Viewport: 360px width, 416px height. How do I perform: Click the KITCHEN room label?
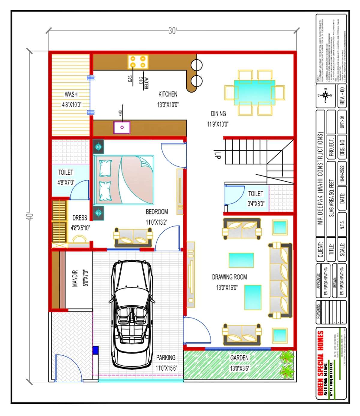[x=168, y=94]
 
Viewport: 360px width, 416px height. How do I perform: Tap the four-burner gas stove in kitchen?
[x=138, y=62]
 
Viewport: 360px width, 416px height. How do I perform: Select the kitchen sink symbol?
[x=122, y=127]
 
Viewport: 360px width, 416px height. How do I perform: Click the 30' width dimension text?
[x=172, y=31]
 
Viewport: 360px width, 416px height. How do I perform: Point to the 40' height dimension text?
[x=30, y=217]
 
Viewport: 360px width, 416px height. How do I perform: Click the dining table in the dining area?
[x=254, y=93]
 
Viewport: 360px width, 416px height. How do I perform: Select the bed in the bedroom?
[x=124, y=180]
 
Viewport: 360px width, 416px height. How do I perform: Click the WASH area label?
[x=71, y=94]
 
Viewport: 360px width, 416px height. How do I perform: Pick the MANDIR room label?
[x=75, y=278]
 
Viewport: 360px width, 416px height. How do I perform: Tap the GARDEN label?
[x=239, y=358]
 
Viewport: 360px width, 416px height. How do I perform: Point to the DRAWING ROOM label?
[x=229, y=277]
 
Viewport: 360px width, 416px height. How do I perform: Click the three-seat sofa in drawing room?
[x=280, y=281]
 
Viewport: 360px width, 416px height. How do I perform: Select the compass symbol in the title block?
[x=325, y=95]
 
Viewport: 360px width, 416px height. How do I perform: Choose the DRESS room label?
[x=80, y=218]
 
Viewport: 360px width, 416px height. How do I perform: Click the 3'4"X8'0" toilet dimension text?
[x=256, y=204]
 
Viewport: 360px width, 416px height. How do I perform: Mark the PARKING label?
[x=166, y=357]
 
